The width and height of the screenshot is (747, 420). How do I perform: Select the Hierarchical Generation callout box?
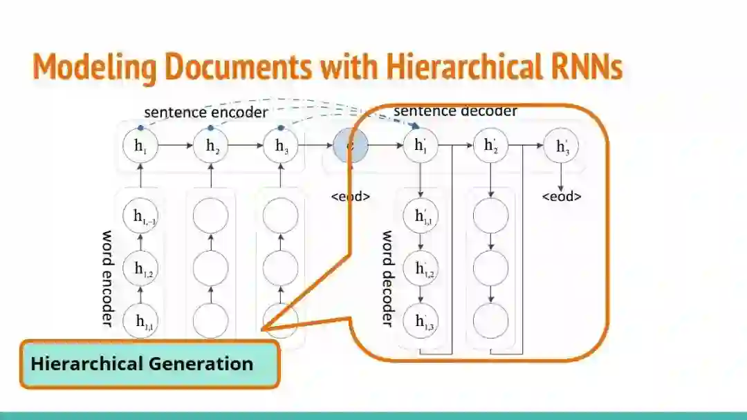tap(149, 363)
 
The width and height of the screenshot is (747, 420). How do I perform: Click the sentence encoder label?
tap(205, 112)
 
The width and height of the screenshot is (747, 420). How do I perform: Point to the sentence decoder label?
tap(455, 111)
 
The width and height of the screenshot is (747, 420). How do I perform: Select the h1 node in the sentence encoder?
tap(141, 146)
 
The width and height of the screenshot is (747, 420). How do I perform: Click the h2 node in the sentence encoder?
tap(211, 146)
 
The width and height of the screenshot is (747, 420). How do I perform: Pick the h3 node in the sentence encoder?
tap(281, 146)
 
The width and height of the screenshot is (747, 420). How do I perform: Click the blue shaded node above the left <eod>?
tap(351, 146)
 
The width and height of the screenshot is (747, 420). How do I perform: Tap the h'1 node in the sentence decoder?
tap(421, 146)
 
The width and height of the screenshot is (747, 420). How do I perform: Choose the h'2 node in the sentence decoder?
tap(490, 146)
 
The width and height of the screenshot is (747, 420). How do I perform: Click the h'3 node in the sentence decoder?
tap(561, 146)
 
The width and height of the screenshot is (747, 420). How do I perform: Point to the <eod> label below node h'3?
tap(561, 197)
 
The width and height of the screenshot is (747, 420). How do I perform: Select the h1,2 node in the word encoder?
tap(141, 269)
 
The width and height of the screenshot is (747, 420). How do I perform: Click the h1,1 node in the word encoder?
tap(141, 321)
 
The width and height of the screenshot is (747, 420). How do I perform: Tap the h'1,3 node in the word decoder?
tap(421, 321)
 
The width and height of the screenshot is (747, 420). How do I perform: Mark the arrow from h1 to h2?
tap(176, 146)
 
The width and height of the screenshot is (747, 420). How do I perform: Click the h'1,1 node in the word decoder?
tap(421, 216)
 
